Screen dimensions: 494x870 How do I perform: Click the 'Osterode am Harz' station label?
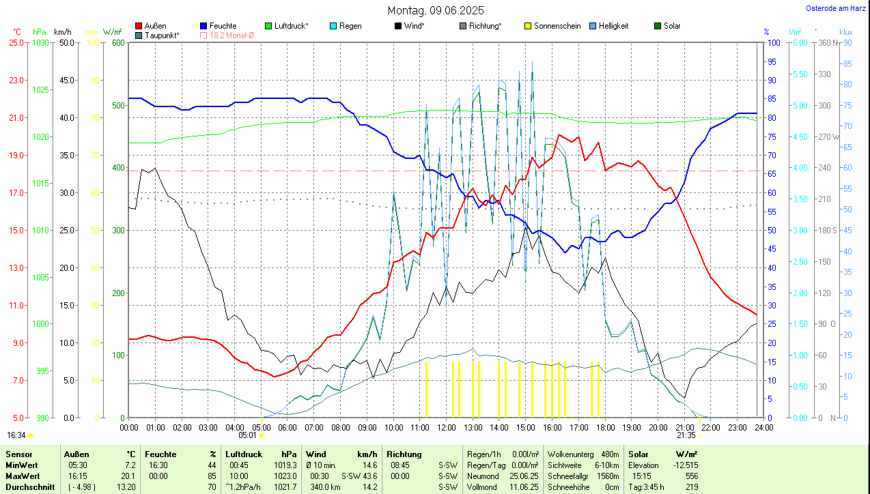point(836,8)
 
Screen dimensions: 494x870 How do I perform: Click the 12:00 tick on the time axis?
point(446,427)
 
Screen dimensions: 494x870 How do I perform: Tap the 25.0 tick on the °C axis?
point(15,42)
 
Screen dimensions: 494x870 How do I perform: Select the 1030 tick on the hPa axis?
point(40,42)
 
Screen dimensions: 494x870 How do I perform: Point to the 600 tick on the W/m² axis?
point(117,42)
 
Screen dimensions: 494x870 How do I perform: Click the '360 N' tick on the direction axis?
point(828,42)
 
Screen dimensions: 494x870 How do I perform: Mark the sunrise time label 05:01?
point(247,435)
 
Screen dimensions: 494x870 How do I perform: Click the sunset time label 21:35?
point(686,435)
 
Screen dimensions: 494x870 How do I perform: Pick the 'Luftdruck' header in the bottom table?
point(244,454)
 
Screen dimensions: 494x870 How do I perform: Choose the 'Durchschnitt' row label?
point(27,486)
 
